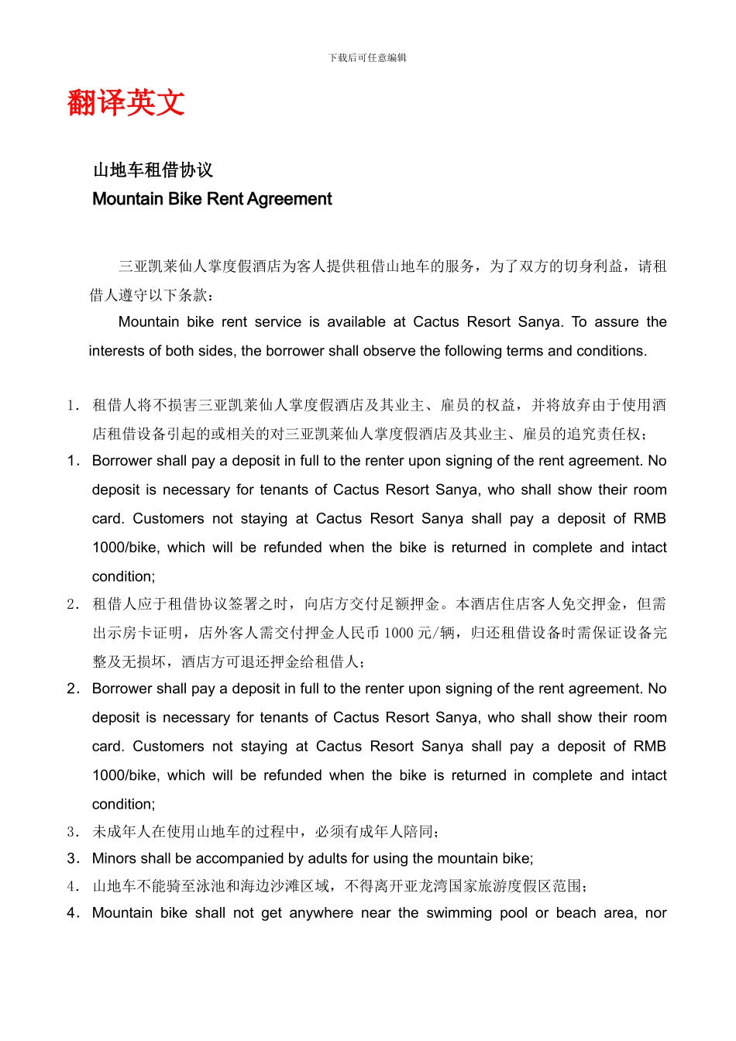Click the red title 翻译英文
[126, 102]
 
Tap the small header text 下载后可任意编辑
[367, 57]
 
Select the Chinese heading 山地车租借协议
[153, 170]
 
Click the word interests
[118, 351]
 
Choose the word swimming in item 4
[459, 913]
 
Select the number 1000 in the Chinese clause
[399, 634]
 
